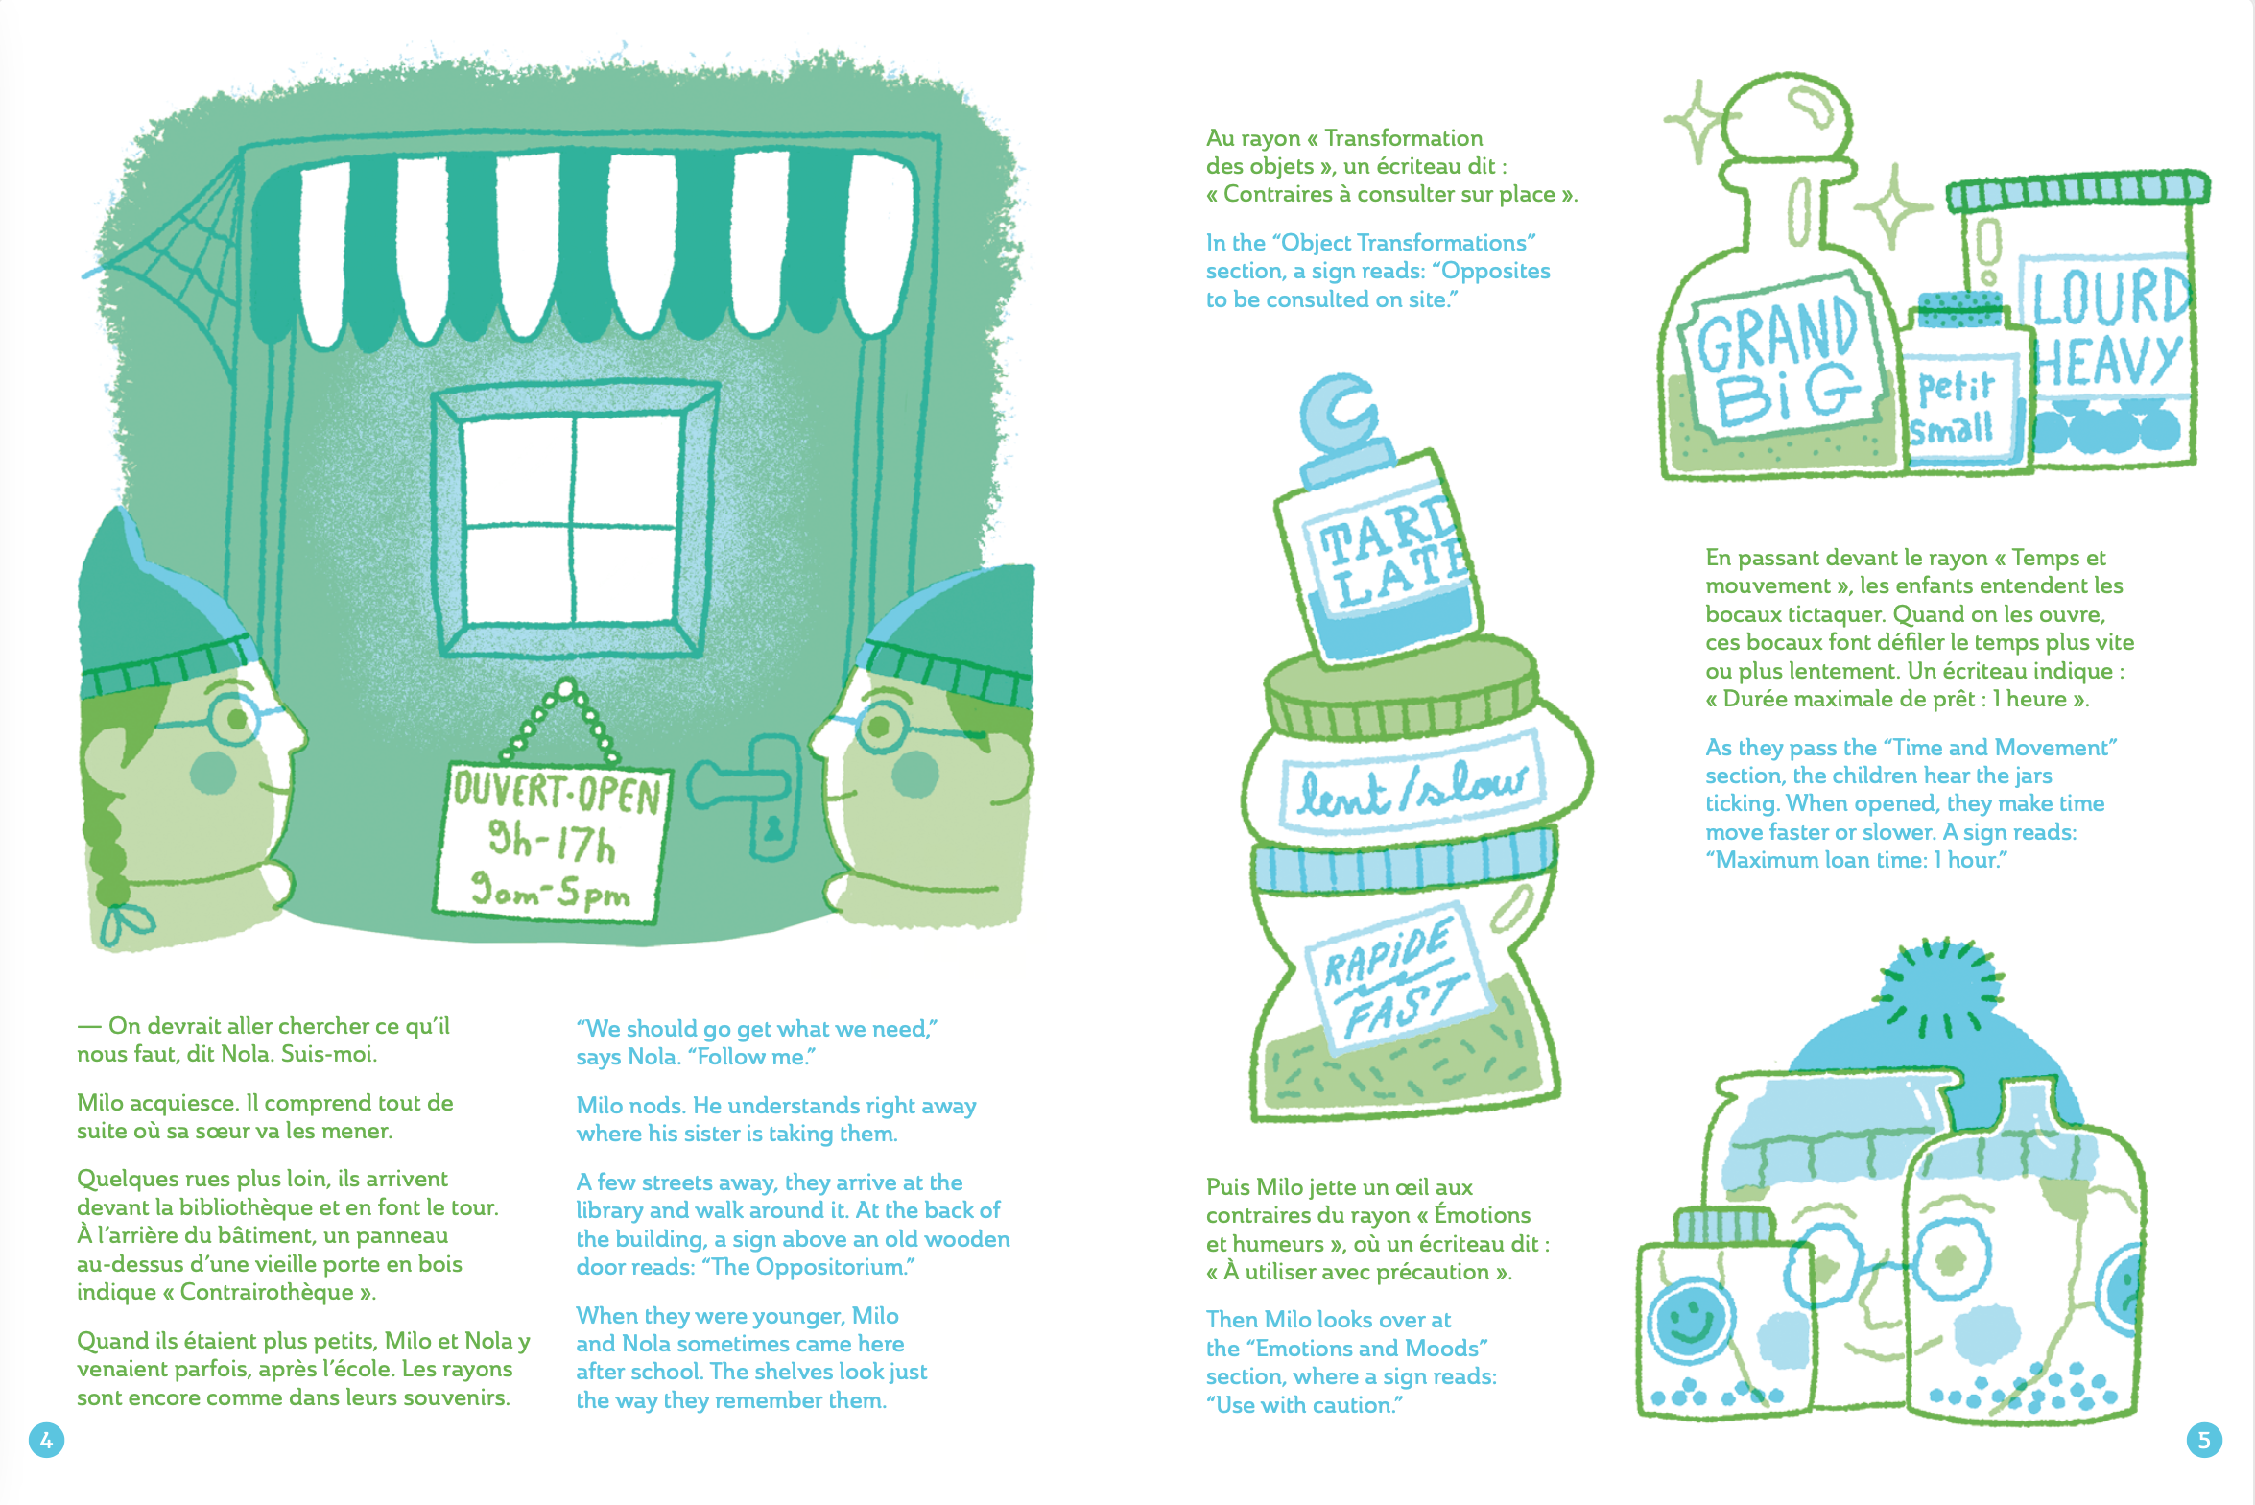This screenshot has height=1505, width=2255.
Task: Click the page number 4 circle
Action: pyautogui.click(x=46, y=1440)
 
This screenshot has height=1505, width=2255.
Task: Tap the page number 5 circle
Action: pyautogui.click(x=2204, y=1440)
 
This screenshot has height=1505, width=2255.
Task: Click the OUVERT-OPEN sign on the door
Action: pyautogui.click(x=552, y=842)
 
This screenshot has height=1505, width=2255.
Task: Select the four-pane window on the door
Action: pyautogui.click(x=574, y=519)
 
